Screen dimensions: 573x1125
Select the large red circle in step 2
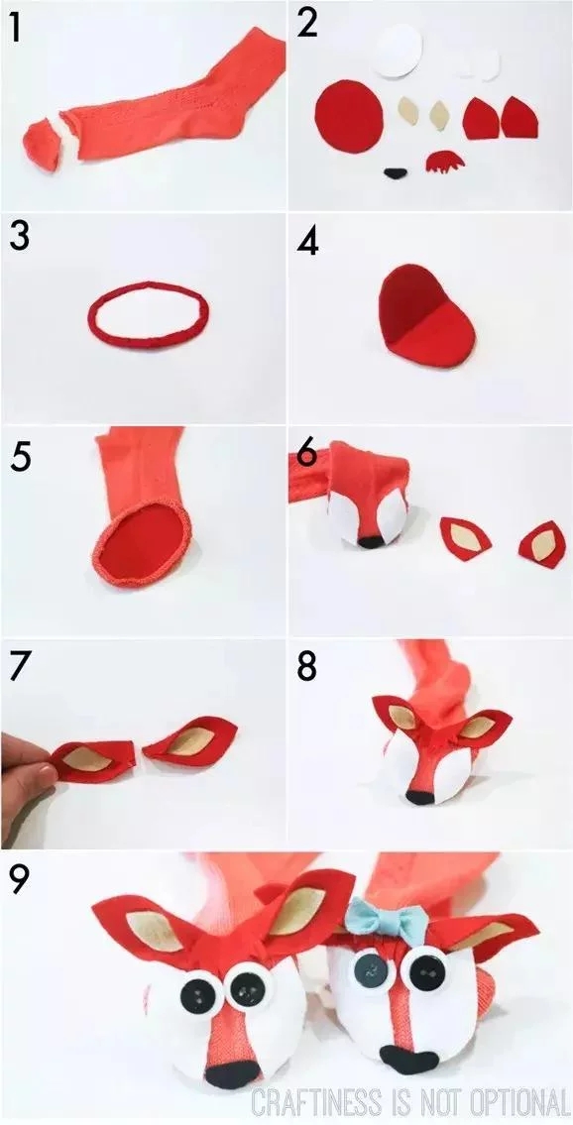tap(349, 115)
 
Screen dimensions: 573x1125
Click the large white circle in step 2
tap(398, 49)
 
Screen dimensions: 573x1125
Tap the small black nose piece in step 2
tap(395, 172)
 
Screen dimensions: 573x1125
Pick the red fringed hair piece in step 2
tap(444, 162)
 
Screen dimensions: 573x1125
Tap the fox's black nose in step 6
tap(371, 542)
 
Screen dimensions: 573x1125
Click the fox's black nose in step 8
tap(420, 797)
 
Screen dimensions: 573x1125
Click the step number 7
tap(20, 666)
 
